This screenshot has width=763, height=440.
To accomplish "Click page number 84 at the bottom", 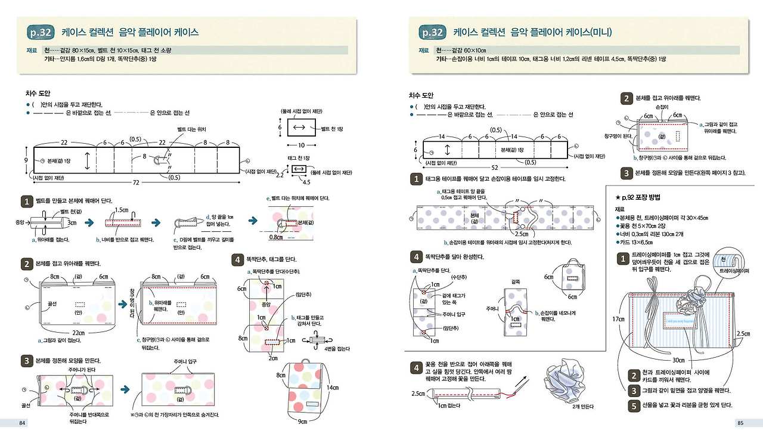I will click(22, 423).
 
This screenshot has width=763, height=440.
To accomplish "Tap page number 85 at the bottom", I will click(740, 423).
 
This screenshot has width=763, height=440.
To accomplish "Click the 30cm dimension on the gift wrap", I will click(678, 360).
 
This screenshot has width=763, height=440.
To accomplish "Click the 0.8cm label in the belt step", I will click(275, 237).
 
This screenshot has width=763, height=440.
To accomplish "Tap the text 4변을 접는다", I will click(337, 348).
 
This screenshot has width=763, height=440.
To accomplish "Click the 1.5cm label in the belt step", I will click(122, 210).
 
